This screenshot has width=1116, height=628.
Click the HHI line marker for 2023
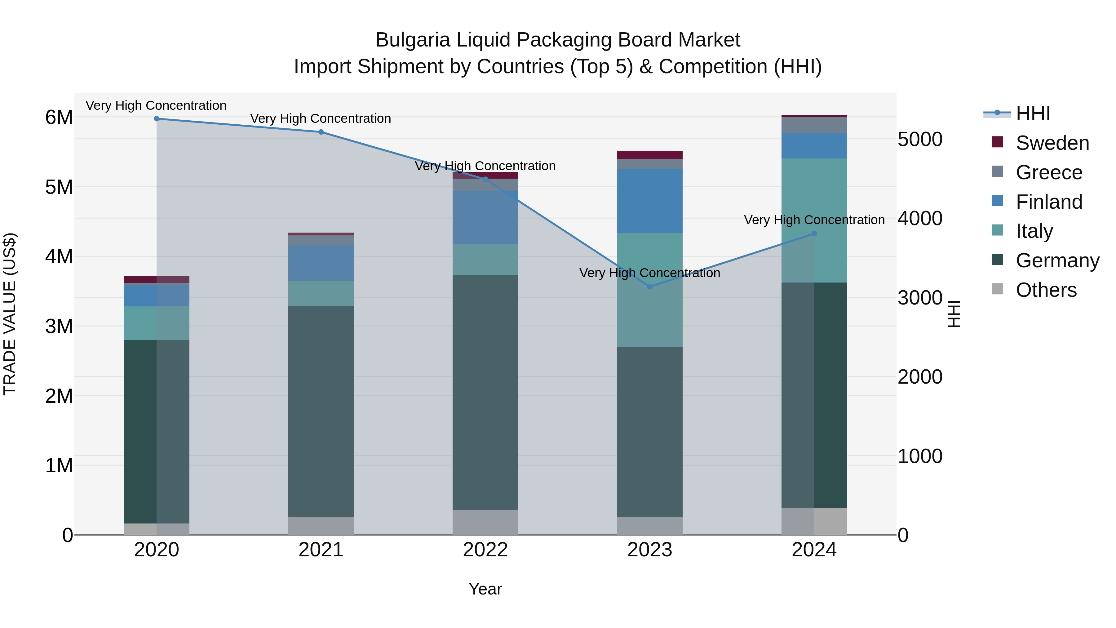[x=649, y=287]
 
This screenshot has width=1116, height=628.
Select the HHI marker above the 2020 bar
[x=157, y=118]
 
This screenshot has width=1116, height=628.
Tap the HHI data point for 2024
[x=814, y=234]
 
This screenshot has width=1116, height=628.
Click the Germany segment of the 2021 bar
[x=321, y=411]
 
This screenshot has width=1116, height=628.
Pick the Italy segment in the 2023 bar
[x=649, y=290]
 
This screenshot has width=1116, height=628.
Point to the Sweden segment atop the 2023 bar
[x=649, y=155]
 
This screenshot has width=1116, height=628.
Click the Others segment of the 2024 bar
[x=814, y=521]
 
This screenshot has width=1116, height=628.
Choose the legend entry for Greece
[x=1049, y=172]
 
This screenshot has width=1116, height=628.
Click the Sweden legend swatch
[x=997, y=142]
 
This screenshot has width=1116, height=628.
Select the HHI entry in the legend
[x=1033, y=114]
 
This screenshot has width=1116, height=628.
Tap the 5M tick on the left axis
[x=59, y=187]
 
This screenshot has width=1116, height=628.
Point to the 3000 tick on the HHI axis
[x=919, y=298]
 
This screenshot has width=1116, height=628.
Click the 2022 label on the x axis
[x=485, y=550]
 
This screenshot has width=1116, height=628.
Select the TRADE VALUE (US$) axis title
[x=10, y=314]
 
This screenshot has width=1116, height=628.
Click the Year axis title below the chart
[x=485, y=589]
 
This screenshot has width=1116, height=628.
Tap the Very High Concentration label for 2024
[x=814, y=220]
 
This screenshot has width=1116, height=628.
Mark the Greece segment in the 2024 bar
[x=814, y=125]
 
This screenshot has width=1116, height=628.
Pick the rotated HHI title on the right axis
[x=954, y=314]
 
